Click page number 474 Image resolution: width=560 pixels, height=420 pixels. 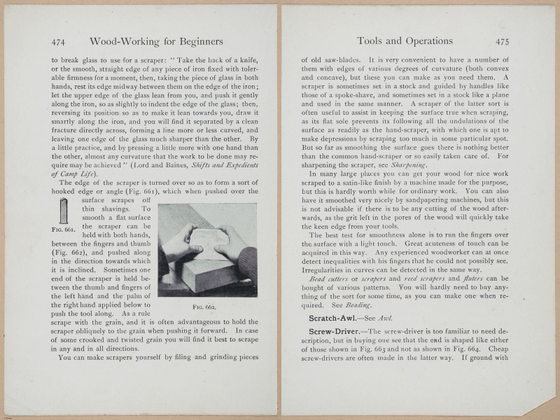60,41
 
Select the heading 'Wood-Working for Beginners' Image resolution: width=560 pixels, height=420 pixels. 156,41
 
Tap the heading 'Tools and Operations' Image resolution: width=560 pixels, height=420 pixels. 405,41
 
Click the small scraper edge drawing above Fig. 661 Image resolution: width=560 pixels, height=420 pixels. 64,211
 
